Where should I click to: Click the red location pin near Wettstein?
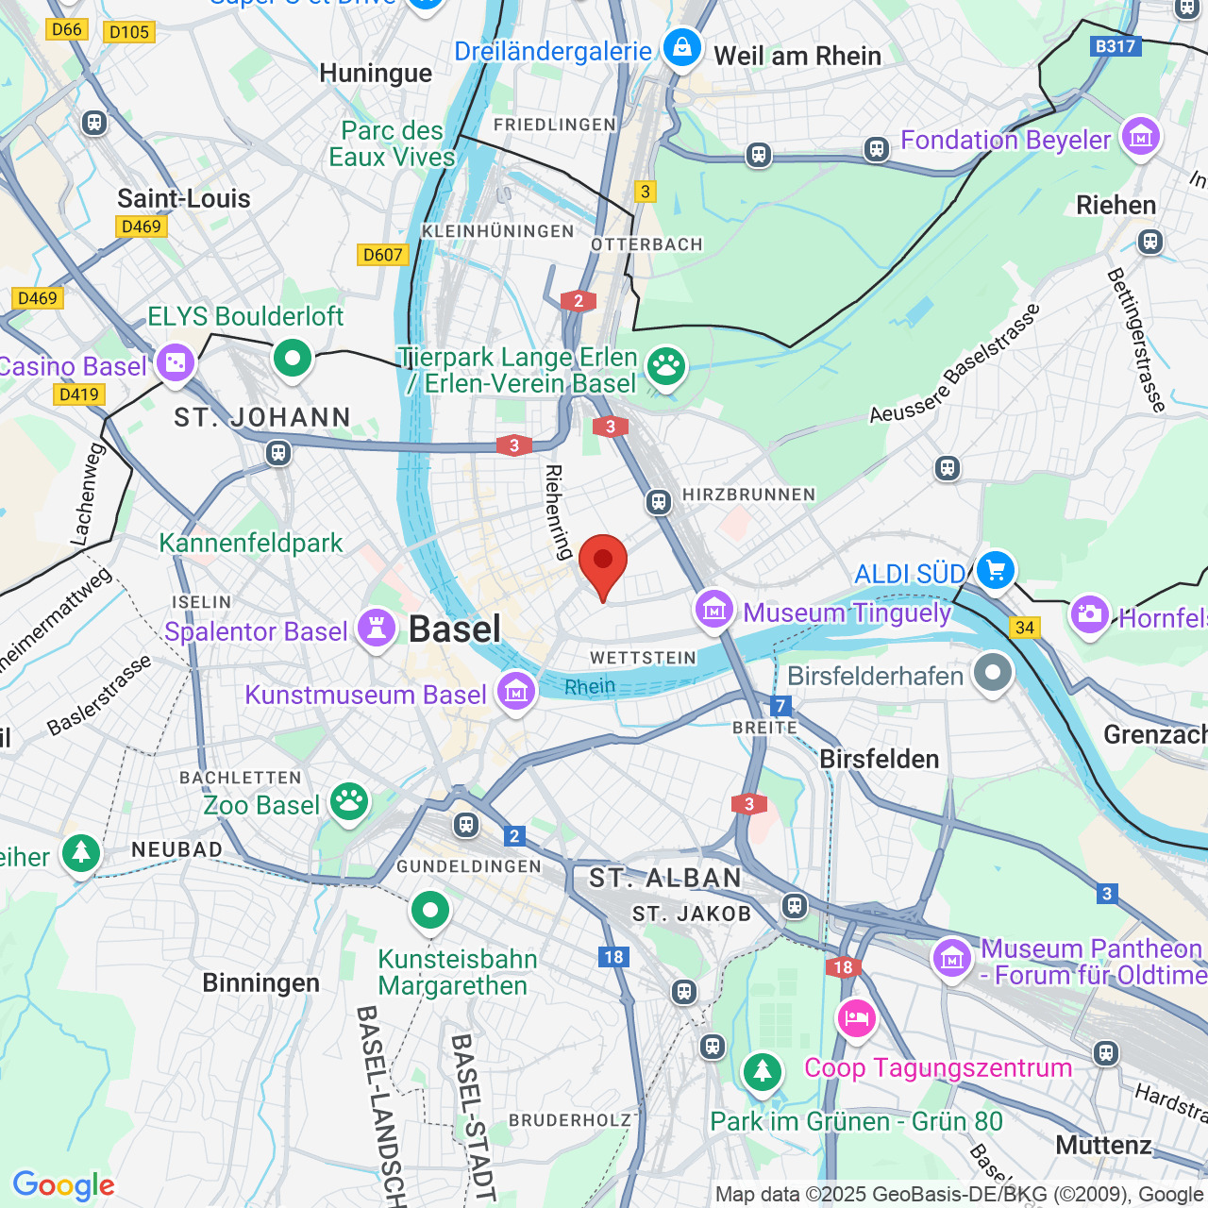pyautogui.click(x=602, y=563)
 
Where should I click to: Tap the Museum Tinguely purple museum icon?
pyautogui.click(x=714, y=610)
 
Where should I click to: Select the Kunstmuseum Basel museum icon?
pyautogui.click(x=516, y=692)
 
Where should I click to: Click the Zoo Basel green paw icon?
pyautogui.click(x=348, y=802)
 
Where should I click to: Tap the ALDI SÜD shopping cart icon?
pyautogui.click(x=995, y=570)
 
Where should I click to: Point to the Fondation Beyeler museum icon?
pyautogui.click(x=1141, y=137)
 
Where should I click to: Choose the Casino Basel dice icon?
pyautogui.click(x=175, y=362)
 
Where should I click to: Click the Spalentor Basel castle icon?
pyautogui.click(x=377, y=629)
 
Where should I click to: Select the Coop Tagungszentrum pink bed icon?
pyautogui.click(x=856, y=1019)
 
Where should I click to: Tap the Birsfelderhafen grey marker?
pyautogui.click(x=993, y=673)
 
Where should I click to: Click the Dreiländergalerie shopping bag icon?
pyautogui.click(x=681, y=47)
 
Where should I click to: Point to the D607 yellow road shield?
pyautogui.click(x=383, y=255)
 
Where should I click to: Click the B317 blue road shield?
pyautogui.click(x=1116, y=45)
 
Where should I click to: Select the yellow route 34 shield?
pyautogui.click(x=1025, y=628)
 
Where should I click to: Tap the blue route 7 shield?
pyautogui.click(x=780, y=706)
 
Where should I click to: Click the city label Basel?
pyautogui.click(x=454, y=629)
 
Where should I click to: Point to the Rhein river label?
pyautogui.click(x=590, y=687)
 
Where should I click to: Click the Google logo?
pyautogui.click(x=63, y=1185)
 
